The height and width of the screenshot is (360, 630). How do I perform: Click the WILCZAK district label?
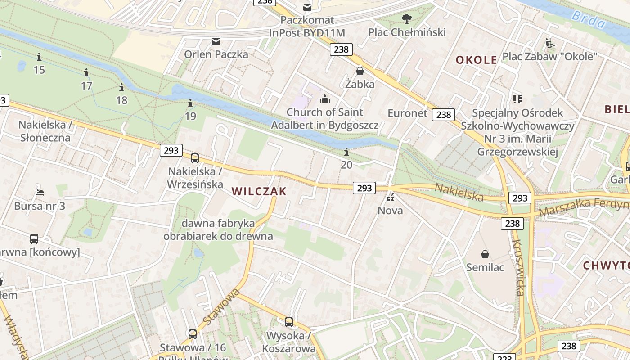click(x=259, y=191)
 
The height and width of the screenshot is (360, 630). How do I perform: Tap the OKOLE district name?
click(x=476, y=60)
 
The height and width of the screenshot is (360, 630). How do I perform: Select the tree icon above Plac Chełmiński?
click(x=407, y=19)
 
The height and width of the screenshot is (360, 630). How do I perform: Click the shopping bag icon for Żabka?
click(x=360, y=71)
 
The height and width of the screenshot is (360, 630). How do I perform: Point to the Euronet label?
click(x=407, y=113)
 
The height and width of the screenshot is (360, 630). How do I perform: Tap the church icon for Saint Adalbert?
click(x=324, y=99)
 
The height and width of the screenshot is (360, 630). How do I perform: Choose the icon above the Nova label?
click(x=390, y=197)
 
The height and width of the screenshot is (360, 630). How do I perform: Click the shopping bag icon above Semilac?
click(x=485, y=254)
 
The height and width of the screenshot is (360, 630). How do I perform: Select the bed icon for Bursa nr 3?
click(x=40, y=193)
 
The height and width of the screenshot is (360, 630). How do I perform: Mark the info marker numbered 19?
click(x=190, y=104)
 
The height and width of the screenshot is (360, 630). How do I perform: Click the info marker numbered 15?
click(x=39, y=57)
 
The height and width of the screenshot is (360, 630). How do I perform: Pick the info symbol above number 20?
click(x=346, y=152)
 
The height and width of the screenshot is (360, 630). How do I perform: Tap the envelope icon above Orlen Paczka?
click(x=216, y=41)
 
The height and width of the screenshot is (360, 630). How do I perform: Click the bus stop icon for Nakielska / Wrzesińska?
click(x=195, y=158)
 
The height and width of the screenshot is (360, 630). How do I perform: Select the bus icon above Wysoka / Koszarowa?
click(x=289, y=322)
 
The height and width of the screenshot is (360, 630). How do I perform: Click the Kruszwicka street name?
click(x=518, y=268)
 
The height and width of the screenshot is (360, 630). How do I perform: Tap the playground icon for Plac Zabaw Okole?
click(x=549, y=43)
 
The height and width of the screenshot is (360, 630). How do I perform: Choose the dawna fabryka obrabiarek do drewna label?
click(x=218, y=229)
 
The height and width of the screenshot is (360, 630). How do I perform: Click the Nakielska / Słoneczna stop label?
click(x=45, y=131)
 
